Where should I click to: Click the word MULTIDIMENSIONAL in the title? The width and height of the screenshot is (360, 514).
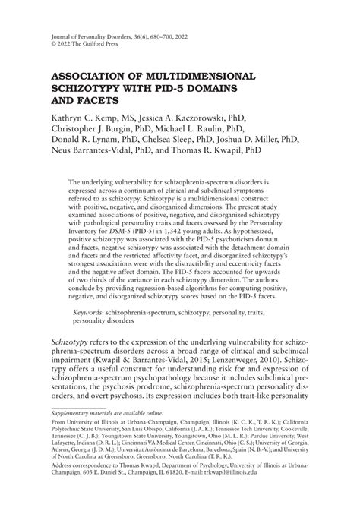[x=194, y=77]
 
